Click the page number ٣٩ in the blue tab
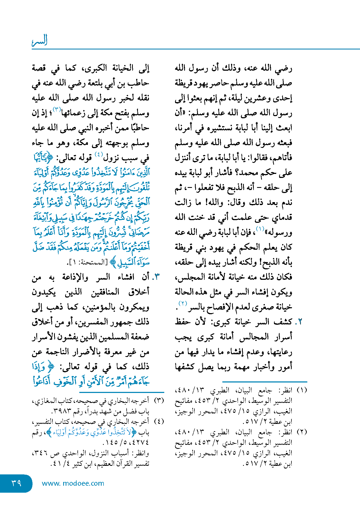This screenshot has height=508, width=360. click(x=16, y=483)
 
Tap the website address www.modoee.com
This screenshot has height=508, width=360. click(x=73, y=483)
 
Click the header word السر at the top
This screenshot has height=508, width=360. click(x=40, y=40)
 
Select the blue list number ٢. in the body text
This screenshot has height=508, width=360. click(x=299, y=322)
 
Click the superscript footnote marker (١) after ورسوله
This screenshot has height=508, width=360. click(x=260, y=229)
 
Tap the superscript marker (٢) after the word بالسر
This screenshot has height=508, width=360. click(x=183, y=303)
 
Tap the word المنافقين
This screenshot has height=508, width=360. click(x=105, y=292)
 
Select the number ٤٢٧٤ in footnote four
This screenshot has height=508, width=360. click(x=140, y=442)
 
